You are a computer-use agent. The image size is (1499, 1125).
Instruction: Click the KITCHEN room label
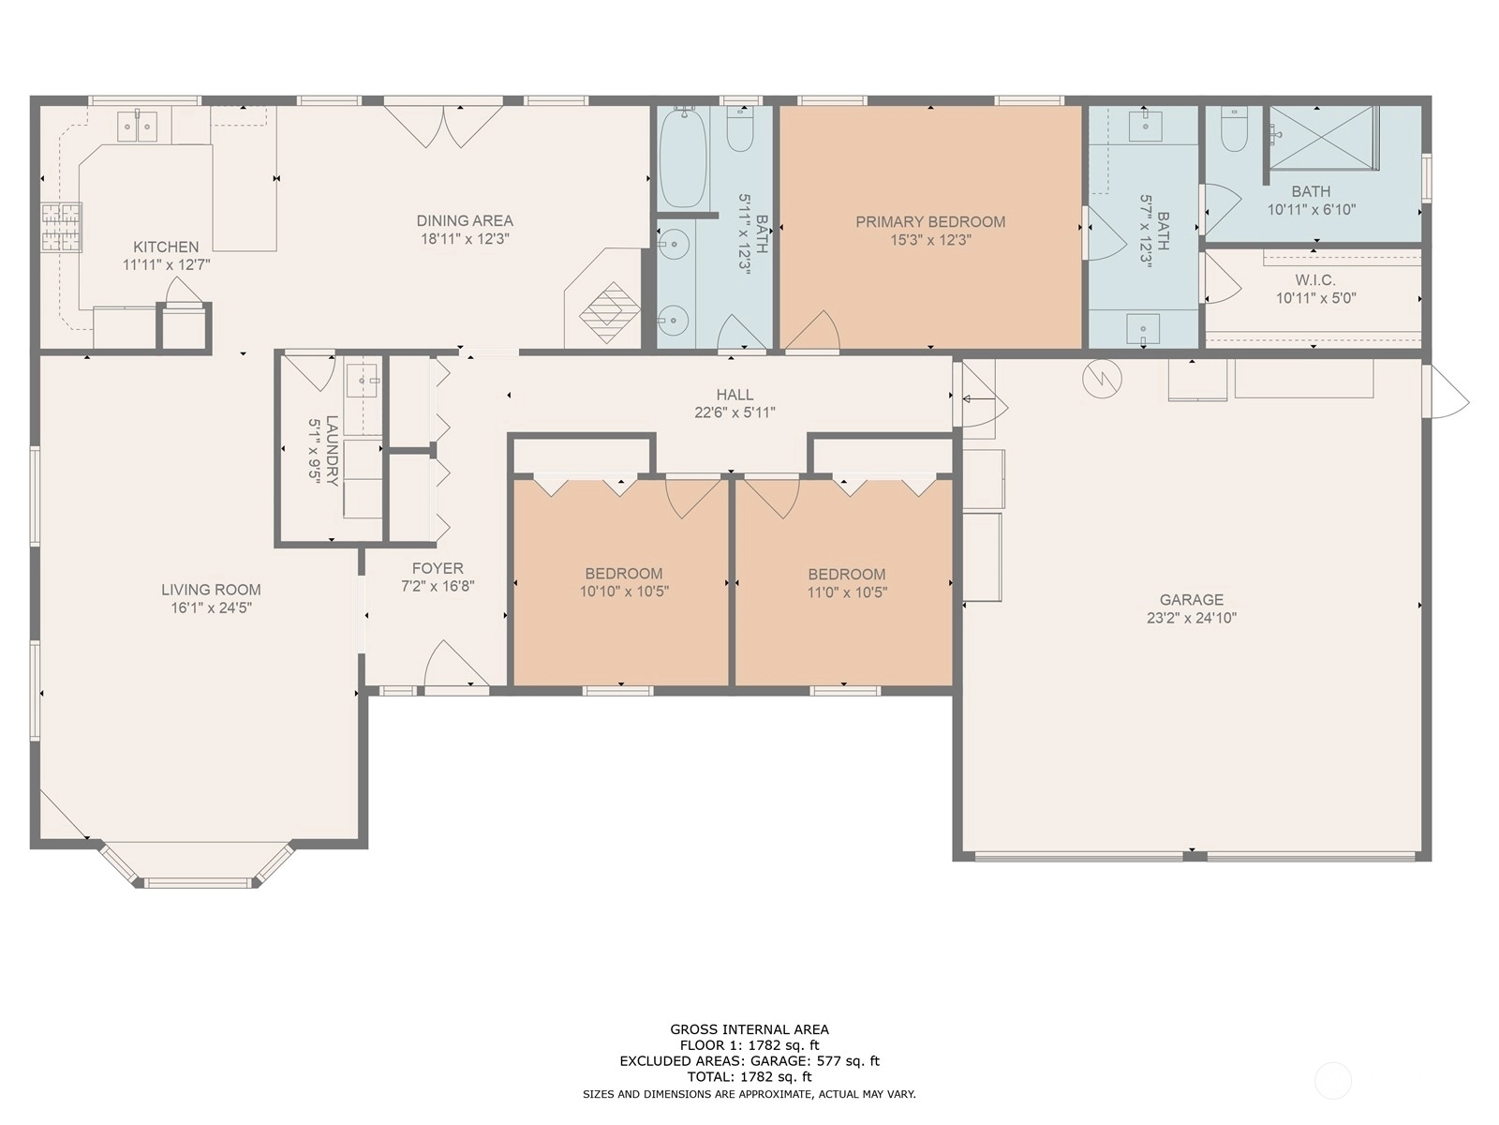[166, 247]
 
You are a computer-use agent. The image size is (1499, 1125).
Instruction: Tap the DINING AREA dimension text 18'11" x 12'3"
[465, 238]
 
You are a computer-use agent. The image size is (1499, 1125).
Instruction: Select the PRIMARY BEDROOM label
[930, 221]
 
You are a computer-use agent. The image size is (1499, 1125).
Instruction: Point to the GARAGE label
[1191, 599]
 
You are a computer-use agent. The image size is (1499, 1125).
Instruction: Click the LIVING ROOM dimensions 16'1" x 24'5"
[211, 607]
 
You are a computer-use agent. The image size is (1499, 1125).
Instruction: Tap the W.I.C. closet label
[1315, 279]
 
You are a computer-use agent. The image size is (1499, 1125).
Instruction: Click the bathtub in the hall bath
[682, 157]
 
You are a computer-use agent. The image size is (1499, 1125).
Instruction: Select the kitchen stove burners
[62, 228]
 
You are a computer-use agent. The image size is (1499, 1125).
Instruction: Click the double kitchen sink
[138, 127]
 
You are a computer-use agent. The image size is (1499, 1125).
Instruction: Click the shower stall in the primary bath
[1323, 137]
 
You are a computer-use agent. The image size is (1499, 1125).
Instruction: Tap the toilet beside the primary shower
[1233, 129]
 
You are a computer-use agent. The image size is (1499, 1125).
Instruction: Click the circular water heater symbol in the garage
[1102, 379]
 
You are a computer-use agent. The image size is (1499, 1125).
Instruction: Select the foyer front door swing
[455, 664]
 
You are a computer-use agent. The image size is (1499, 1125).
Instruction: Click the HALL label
[735, 394]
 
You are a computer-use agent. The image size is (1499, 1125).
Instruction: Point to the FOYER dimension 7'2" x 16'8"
[438, 585]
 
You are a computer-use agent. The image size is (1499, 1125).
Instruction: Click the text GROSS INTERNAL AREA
[749, 1028]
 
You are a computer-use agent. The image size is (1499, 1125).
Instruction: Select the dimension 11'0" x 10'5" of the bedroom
[847, 592]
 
